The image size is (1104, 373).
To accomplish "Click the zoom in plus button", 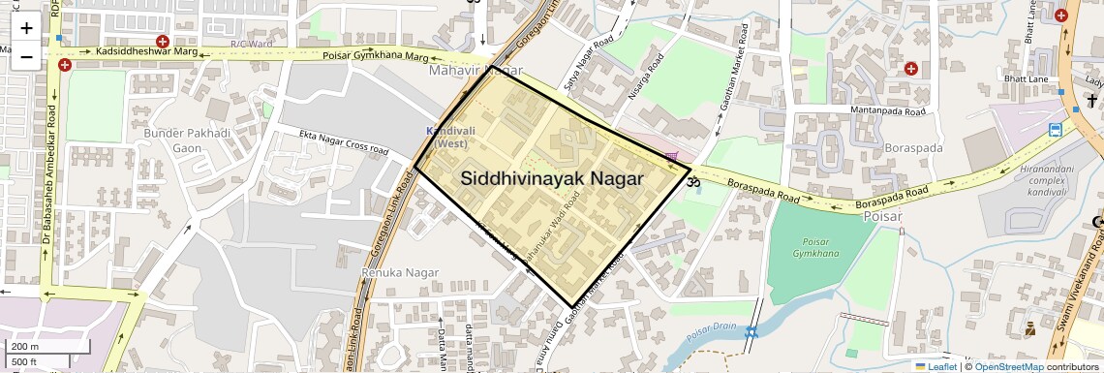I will (26, 28).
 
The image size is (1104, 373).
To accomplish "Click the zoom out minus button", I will (26, 56).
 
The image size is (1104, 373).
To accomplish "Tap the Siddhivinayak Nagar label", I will (552, 178).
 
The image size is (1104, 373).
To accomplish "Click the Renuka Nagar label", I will (394, 273).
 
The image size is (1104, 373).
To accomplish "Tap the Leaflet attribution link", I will (935, 366).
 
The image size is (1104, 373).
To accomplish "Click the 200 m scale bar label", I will (25, 346).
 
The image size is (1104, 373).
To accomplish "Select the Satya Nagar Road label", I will (597, 56).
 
